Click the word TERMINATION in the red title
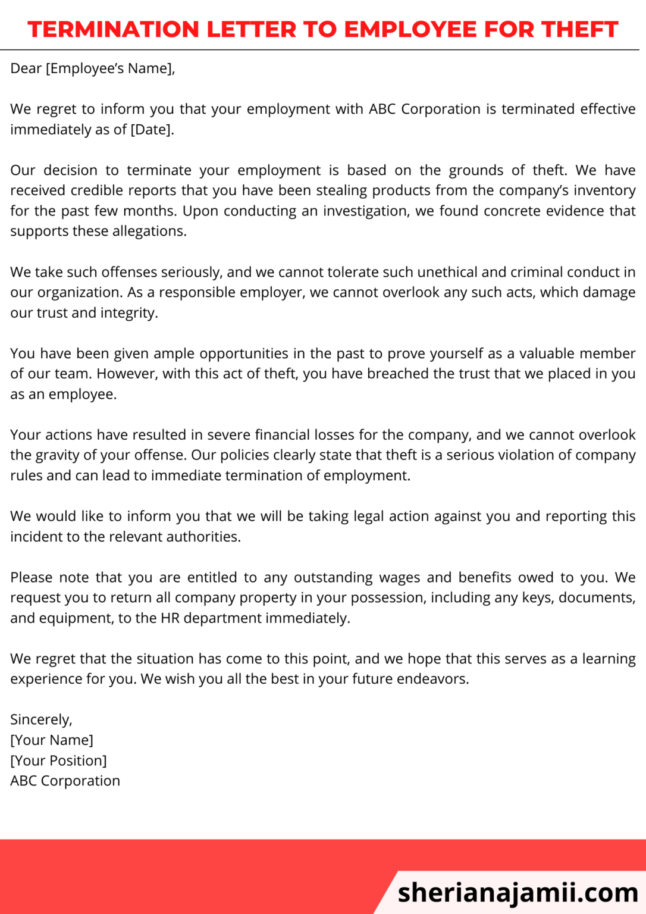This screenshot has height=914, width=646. point(113,29)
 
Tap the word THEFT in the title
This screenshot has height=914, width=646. point(579,29)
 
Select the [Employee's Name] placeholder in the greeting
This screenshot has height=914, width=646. point(110,68)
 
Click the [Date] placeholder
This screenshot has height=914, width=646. point(152,130)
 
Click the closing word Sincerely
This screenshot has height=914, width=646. point(41,720)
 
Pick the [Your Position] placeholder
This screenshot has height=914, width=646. point(58,760)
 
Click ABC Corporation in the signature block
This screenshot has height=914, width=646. point(65,781)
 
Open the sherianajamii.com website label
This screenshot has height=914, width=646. point(518,893)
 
